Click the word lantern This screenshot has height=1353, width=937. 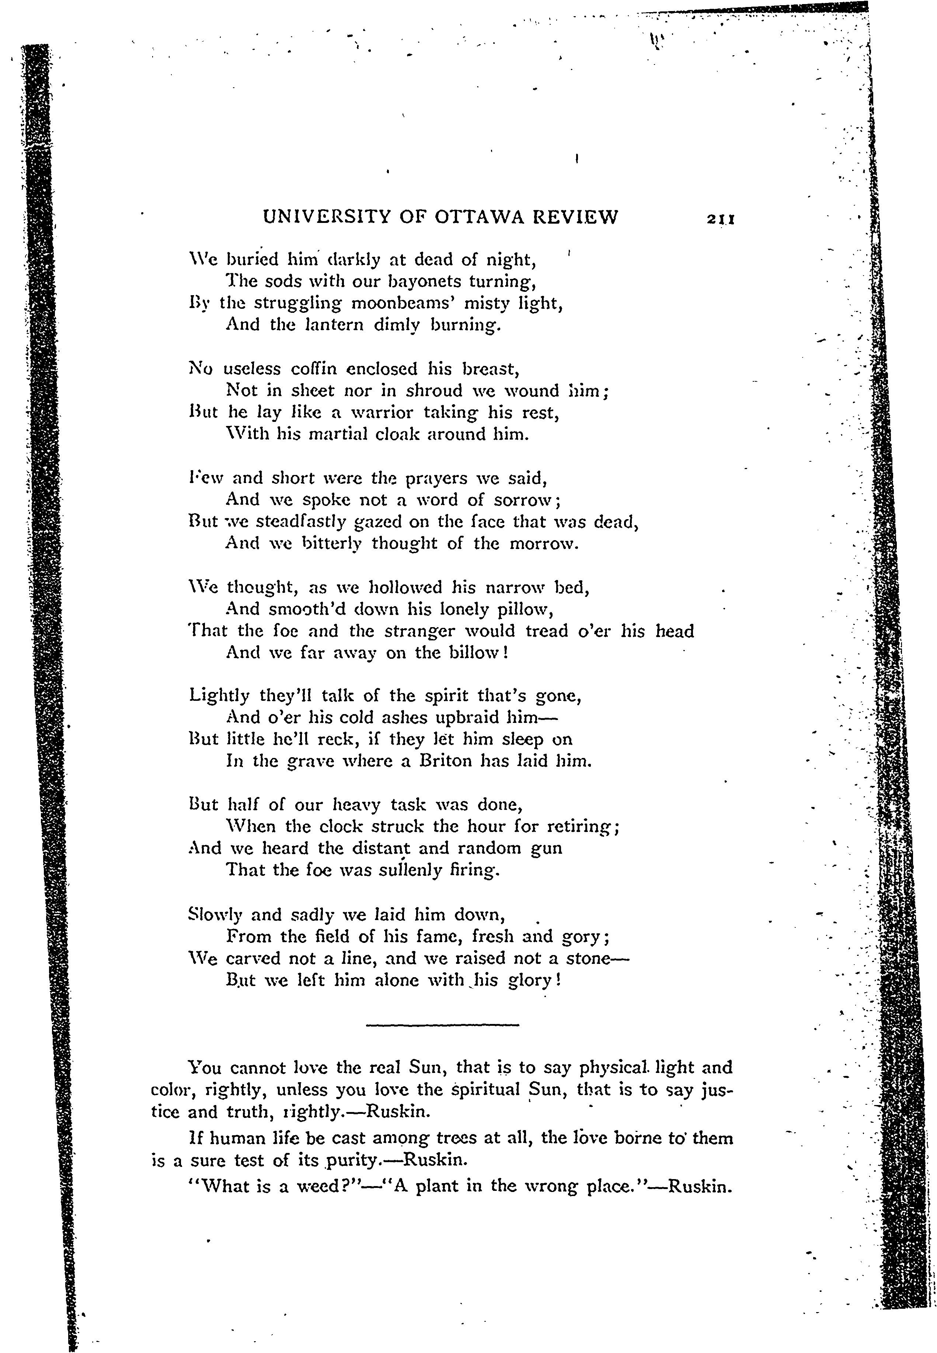tap(337, 325)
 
